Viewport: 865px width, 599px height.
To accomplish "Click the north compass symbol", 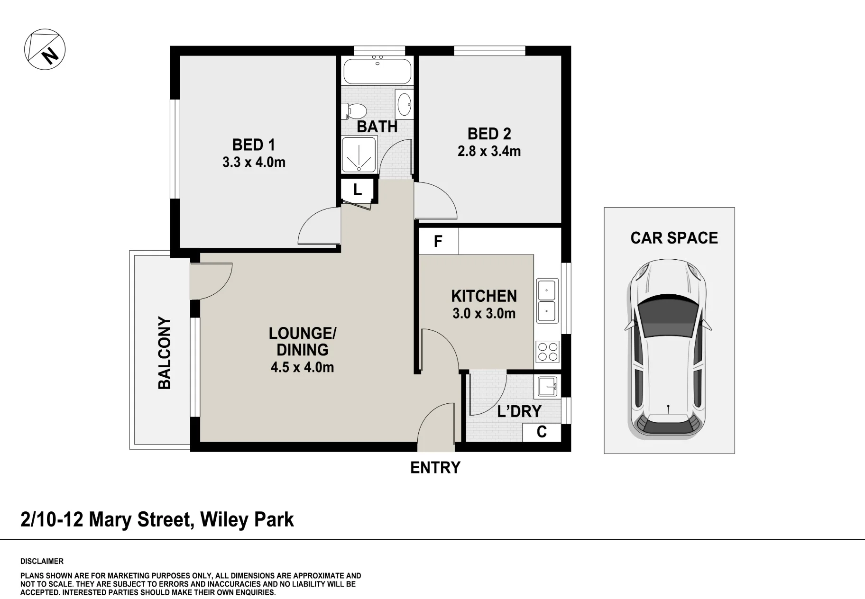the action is (45, 49).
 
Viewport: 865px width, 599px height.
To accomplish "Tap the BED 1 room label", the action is (253, 145).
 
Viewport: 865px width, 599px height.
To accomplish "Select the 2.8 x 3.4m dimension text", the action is (489, 151).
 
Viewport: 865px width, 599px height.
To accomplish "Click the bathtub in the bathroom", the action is (377, 71).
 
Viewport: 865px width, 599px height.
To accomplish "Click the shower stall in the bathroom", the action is (359, 154).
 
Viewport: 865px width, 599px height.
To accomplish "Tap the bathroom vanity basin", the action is (405, 104).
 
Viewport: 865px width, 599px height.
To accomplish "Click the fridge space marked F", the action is (438, 242).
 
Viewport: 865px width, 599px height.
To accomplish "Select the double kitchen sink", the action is (547, 300).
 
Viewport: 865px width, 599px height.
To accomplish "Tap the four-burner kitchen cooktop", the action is (548, 352).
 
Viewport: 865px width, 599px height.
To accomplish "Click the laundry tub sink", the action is (549, 386).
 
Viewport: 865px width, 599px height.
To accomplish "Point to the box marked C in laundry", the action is (542, 432).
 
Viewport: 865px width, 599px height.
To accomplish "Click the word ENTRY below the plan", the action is (435, 468).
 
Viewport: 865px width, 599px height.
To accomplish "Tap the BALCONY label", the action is (165, 353).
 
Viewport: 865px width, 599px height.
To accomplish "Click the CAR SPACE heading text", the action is (674, 238).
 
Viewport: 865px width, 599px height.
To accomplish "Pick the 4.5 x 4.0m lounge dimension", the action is (302, 367).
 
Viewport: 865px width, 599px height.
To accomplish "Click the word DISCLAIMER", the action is (42, 562).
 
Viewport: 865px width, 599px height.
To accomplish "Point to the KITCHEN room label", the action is (484, 296).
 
